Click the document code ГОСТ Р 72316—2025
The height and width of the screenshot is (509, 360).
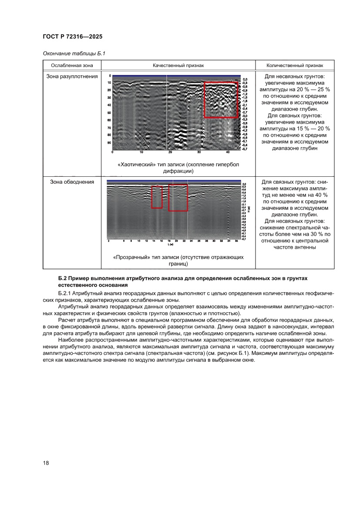click(x=72, y=37)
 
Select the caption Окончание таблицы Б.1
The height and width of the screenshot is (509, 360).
click(x=74, y=54)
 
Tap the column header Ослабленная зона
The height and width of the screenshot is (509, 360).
click(x=72, y=65)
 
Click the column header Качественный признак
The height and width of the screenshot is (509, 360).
click(x=178, y=65)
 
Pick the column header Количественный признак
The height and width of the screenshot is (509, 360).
click(x=295, y=65)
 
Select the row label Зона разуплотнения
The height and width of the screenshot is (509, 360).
click(x=72, y=77)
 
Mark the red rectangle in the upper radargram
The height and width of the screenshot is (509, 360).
click(x=221, y=100)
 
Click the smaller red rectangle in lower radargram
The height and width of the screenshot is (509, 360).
click(x=157, y=197)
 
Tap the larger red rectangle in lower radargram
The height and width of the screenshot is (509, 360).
click(x=178, y=197)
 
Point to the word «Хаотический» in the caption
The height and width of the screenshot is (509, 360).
click(x=137, y=165)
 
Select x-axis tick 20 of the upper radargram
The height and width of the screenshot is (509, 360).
click(x=170, y=152)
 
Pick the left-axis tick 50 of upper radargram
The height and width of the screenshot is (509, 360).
click(x=109, y=112)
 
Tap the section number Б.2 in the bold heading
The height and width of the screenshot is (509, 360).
click(x=63, y=278)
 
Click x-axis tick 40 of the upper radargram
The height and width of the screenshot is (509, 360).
click(x=228, y=152)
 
